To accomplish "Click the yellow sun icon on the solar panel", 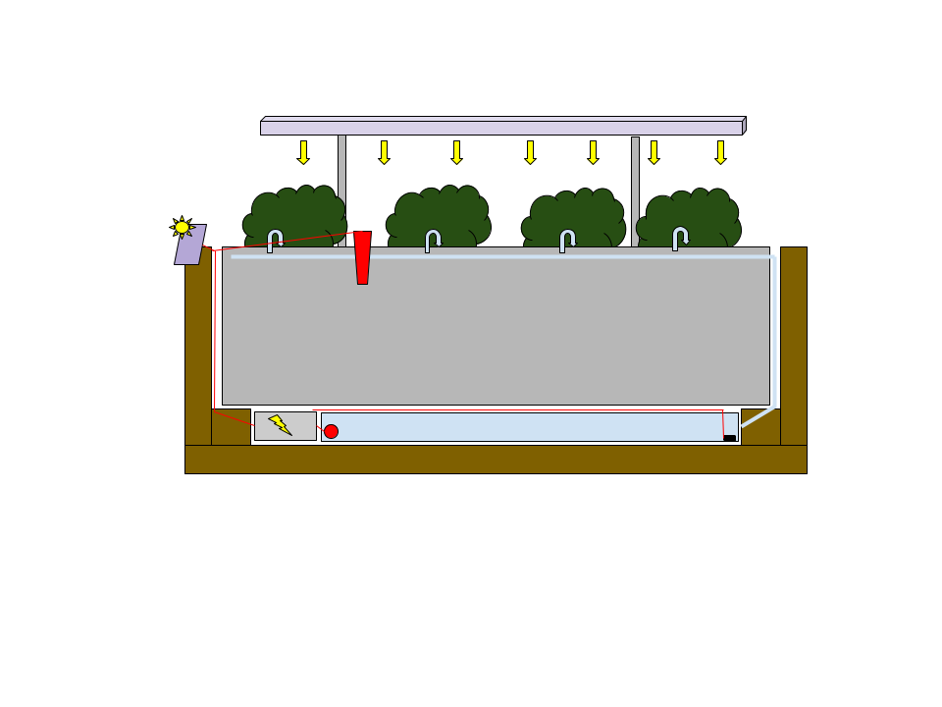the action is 182,227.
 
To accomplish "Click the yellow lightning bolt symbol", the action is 280,424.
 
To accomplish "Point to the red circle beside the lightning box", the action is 331,431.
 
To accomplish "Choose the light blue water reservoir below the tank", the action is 520,426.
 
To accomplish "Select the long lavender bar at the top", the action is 501,127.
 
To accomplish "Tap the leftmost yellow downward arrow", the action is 303,152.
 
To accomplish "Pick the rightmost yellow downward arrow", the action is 720,152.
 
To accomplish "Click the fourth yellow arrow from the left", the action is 530,152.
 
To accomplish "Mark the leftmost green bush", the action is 294,213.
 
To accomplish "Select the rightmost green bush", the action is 689,216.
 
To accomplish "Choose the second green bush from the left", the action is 439,214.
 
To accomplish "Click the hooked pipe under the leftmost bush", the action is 274,240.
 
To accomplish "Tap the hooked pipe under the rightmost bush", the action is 679,238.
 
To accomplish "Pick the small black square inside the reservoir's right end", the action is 729,438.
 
